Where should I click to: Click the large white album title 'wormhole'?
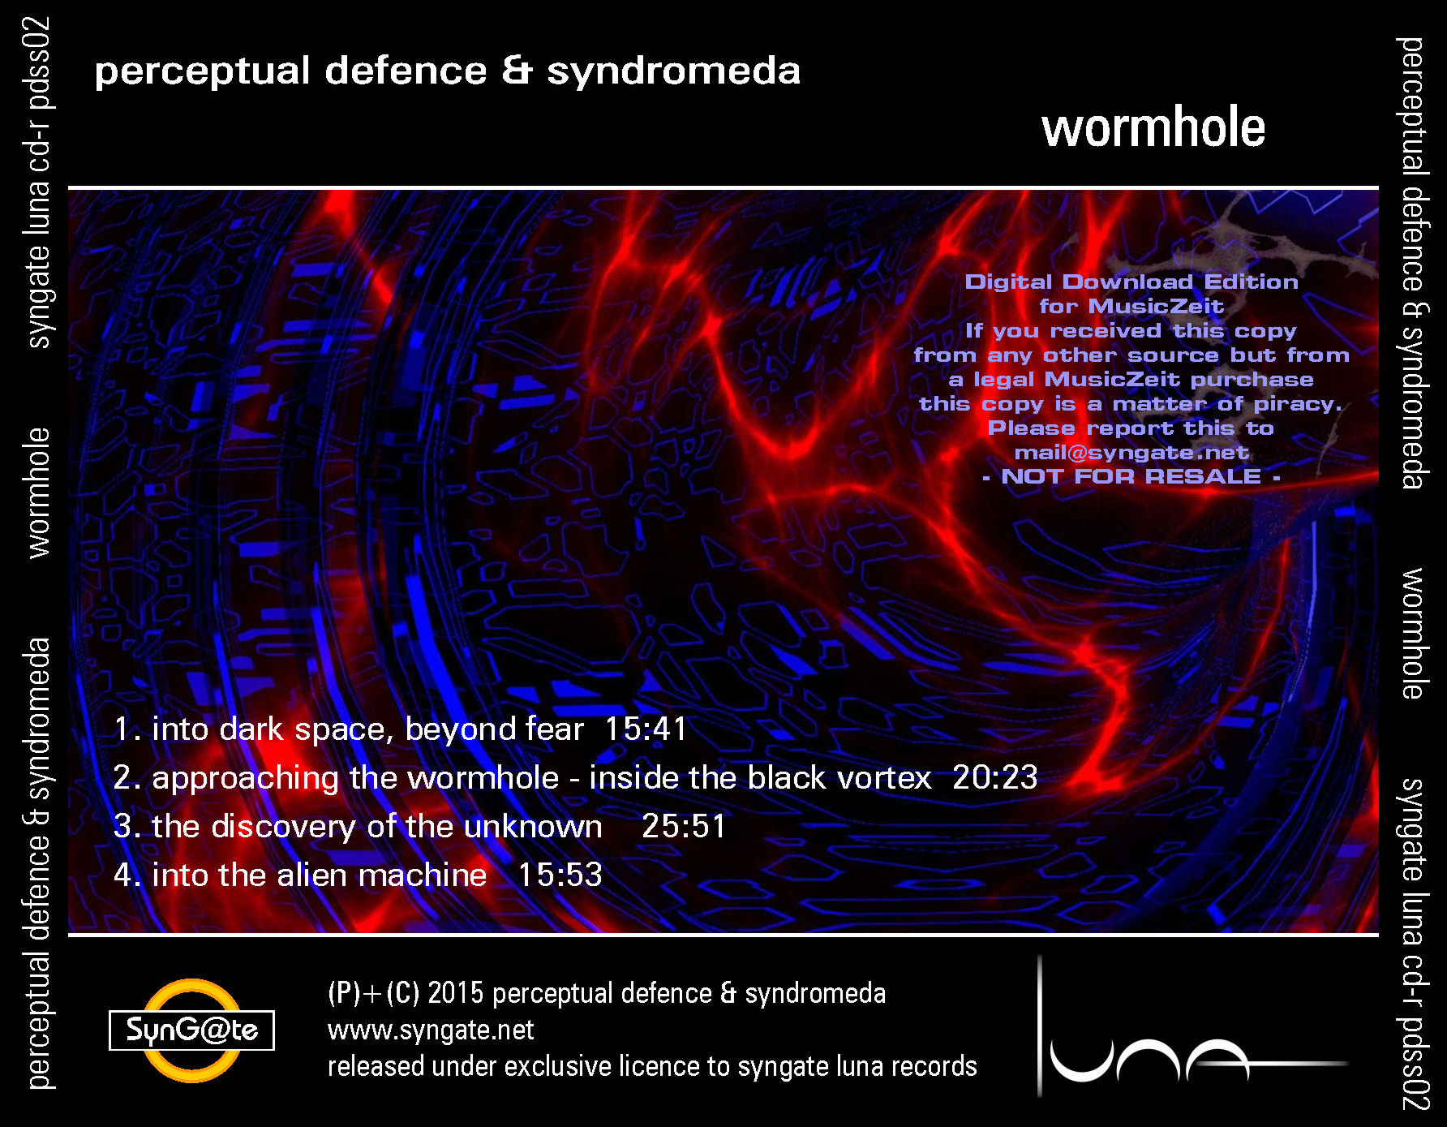click(1153, 128)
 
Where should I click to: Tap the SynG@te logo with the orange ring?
click(192, 1030)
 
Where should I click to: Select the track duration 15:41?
click(646, 729)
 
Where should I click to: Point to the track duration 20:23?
click(994, 777)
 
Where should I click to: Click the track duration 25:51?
click(684, 826)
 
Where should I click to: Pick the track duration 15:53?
click(560, 875)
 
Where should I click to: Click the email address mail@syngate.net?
click(1131, 453)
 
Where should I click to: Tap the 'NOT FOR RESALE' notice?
click(1131, 476)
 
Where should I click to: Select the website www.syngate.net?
click(431, 1030)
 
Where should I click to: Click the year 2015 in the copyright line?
click(455, 993)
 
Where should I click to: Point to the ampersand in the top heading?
click(517, 71)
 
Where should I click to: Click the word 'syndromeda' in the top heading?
click(673, 71)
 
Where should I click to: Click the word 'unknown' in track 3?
click(533, 826)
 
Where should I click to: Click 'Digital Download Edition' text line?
click(1131, 282)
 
